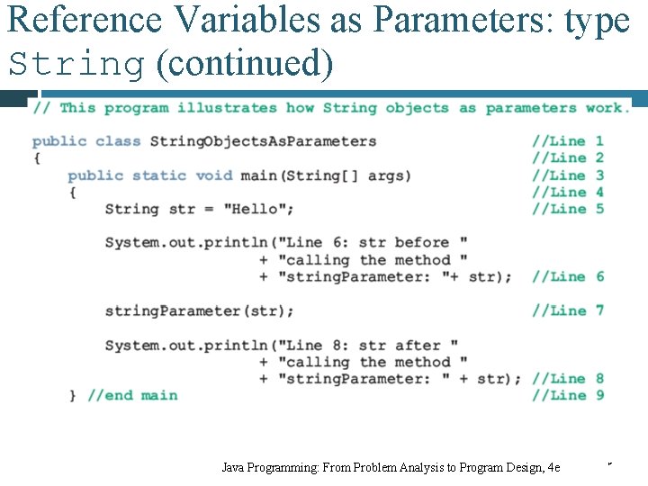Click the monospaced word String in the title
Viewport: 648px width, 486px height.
click(76, 64)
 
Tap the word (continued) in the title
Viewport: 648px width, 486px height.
click(245, 64)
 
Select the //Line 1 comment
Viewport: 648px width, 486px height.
click(567, 141)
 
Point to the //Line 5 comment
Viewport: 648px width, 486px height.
click(567, 209)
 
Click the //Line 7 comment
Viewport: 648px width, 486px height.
click(567, 310)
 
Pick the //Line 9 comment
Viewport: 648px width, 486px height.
click(567, 395)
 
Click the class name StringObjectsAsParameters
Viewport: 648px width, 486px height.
click(263, 141)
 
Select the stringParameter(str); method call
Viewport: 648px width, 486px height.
click(199, 310)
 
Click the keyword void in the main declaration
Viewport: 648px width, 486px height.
click(213, 175)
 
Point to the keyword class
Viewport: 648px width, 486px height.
click(118, 141)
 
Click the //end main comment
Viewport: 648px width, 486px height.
click(132, 395)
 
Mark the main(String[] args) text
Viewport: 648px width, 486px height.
click(326, 175)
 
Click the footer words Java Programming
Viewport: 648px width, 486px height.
click(267, 467)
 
